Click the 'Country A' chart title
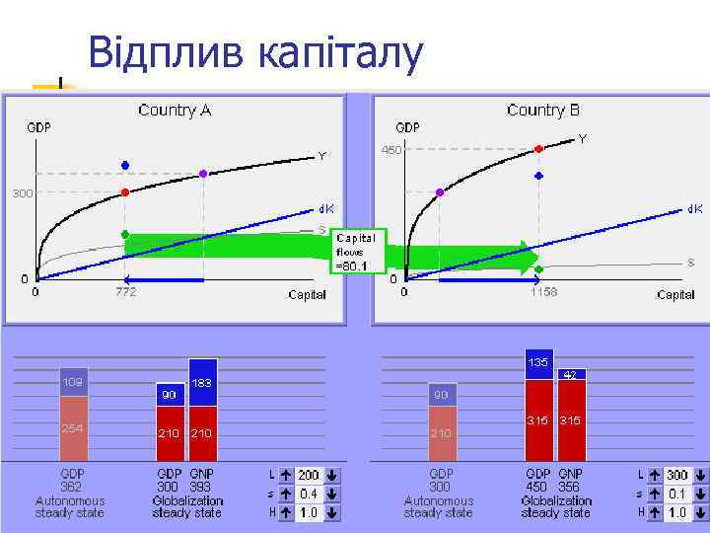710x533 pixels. click(x=175, y=110)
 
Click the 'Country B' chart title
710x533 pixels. click(x=542, y=110)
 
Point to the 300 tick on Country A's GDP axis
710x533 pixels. click(x=22, y=193)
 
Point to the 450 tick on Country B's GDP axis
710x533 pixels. click(x=392, y=150)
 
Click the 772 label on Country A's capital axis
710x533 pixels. click(x=125, y=292)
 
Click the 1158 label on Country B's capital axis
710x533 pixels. click(x=543, y=292)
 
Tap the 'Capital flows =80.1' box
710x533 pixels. click(x=358, y=251)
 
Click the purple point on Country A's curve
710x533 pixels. click(x=203, y=174)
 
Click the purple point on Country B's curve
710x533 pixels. click(x=440, y=192)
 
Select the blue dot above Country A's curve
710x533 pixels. click(x=125, y=165)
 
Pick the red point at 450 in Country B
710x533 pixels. click(x=538, y=149)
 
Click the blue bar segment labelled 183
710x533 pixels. click(x=203, y=382)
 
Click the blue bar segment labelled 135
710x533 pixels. click(x=539, y=364)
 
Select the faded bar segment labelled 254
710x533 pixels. click(x=73, y=428)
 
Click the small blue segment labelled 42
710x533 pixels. click(x=571, y=375)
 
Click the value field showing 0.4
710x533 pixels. click(x=309, y=494)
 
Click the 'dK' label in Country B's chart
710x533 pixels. click(x=694, y=209)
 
